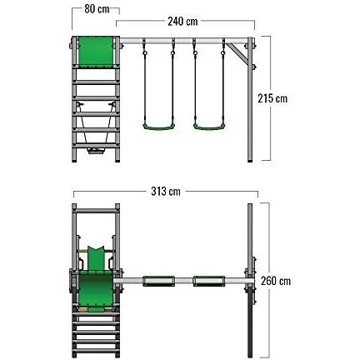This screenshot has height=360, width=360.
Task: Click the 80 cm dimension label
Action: pos(97,9)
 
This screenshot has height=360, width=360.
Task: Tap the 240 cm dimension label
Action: pos(182,22)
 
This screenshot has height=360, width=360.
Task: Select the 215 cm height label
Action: pos(272,98)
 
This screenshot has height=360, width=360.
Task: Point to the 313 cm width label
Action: pos(166,191)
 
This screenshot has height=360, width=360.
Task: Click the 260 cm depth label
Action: pos(276,281)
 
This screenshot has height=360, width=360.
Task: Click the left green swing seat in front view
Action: pos(159,127)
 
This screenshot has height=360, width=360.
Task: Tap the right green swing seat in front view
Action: pos(209,127)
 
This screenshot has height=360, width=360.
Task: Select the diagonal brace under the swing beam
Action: pos(237,53)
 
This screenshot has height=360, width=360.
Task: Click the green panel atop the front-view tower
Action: pos(96,52)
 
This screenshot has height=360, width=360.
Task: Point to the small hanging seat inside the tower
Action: pos(96,151)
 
